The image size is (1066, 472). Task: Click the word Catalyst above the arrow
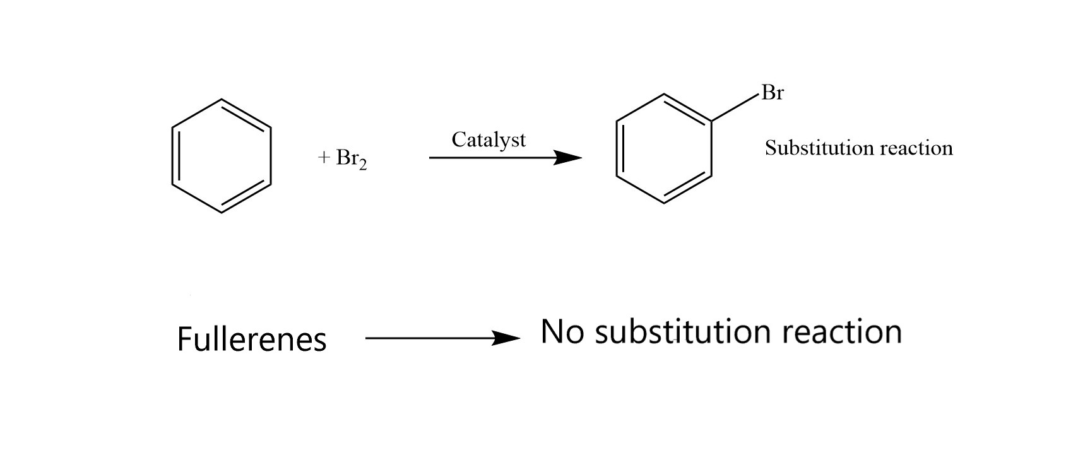tap(489, 140)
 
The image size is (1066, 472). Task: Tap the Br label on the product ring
tap(773, 92)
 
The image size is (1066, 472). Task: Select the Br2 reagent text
tap(351, 159)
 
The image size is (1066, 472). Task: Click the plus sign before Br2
tap(324, 158)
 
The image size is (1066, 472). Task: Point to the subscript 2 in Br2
tap(363, 165)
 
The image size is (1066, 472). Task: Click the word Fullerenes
tap(252, 339)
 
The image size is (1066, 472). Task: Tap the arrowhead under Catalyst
tap(567, 158)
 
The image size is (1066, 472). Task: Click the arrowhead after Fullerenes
tap(506, 338)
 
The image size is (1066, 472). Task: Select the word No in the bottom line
tap(562, 331)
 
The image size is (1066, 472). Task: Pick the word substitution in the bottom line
tap(683, 331)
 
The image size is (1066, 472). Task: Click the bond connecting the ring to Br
tap(735, 107)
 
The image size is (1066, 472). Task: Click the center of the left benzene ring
tap(222, 156)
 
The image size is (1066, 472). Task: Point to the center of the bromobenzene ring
tap(665, 148)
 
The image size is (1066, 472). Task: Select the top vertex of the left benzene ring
tap(222, 100)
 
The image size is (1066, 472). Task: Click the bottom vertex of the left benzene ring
tap(222, 213)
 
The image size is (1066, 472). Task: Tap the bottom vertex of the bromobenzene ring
tap(665, 203)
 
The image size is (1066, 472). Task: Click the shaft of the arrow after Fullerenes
tap(429, 338)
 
